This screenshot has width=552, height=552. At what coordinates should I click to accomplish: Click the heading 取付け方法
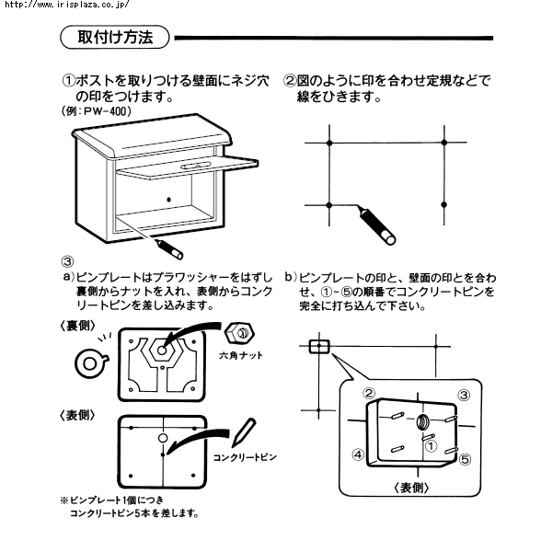click(116, 38)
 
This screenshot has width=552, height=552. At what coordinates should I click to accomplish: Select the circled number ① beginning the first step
click(69, 80)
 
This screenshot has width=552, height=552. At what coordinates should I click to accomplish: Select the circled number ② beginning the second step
click(290, 80)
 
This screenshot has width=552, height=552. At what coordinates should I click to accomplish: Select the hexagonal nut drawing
click(242, 332)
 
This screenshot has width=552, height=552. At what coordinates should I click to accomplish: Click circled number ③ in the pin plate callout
click(464, 396)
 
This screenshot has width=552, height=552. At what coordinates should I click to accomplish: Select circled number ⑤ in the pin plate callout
click(466, 457)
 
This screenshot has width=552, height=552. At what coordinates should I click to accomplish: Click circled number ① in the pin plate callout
click(428, 445)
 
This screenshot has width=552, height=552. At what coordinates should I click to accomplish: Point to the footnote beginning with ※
click(129, 507)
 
